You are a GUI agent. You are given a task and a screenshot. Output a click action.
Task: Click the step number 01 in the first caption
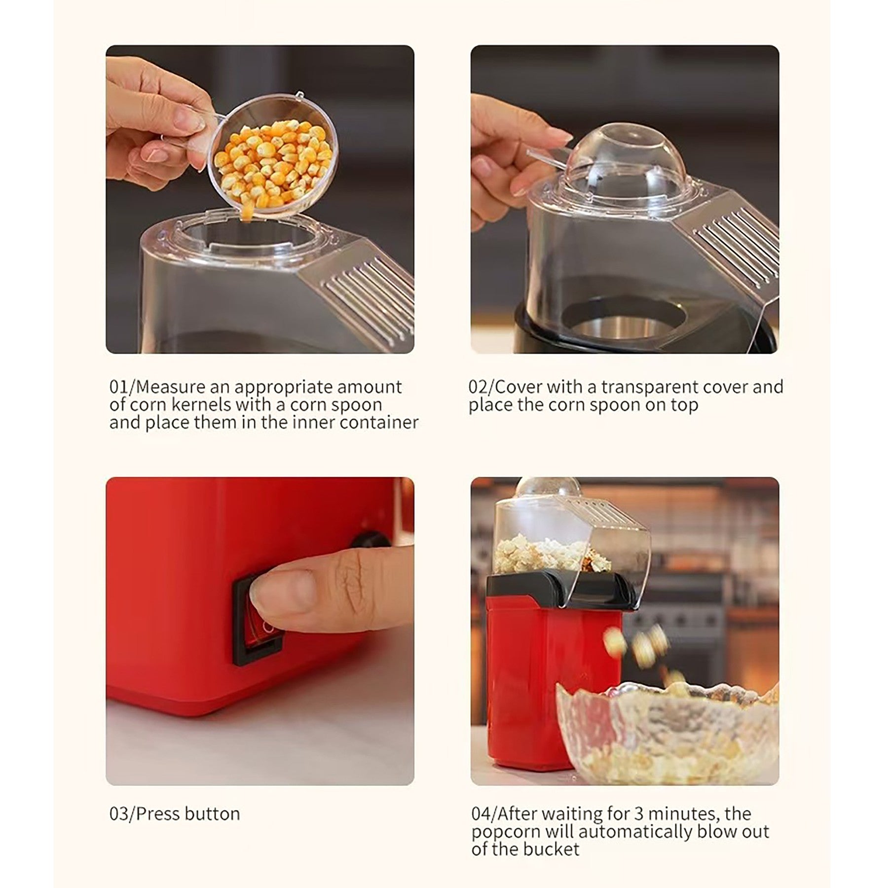tap(117, 387)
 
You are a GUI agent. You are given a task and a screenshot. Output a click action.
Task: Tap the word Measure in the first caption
tap(169, 387)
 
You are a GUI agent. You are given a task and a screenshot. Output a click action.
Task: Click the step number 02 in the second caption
tap(478, 387)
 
